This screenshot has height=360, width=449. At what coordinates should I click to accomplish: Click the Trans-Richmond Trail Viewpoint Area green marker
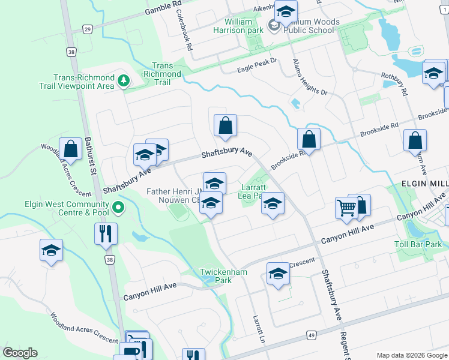click(124, 80)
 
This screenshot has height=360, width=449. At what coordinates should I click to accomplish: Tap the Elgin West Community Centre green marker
click(118, 208)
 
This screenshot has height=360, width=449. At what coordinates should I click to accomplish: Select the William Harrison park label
click(239, 26)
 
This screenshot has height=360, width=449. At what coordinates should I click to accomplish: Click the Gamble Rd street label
click(163, 8)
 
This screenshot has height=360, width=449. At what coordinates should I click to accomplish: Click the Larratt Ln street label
click(259, 329)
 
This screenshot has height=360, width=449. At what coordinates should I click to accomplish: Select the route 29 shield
click(87, 29)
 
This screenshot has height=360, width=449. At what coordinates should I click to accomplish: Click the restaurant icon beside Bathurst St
click(106, 233)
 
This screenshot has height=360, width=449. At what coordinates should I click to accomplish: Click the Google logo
click(20, 353)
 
